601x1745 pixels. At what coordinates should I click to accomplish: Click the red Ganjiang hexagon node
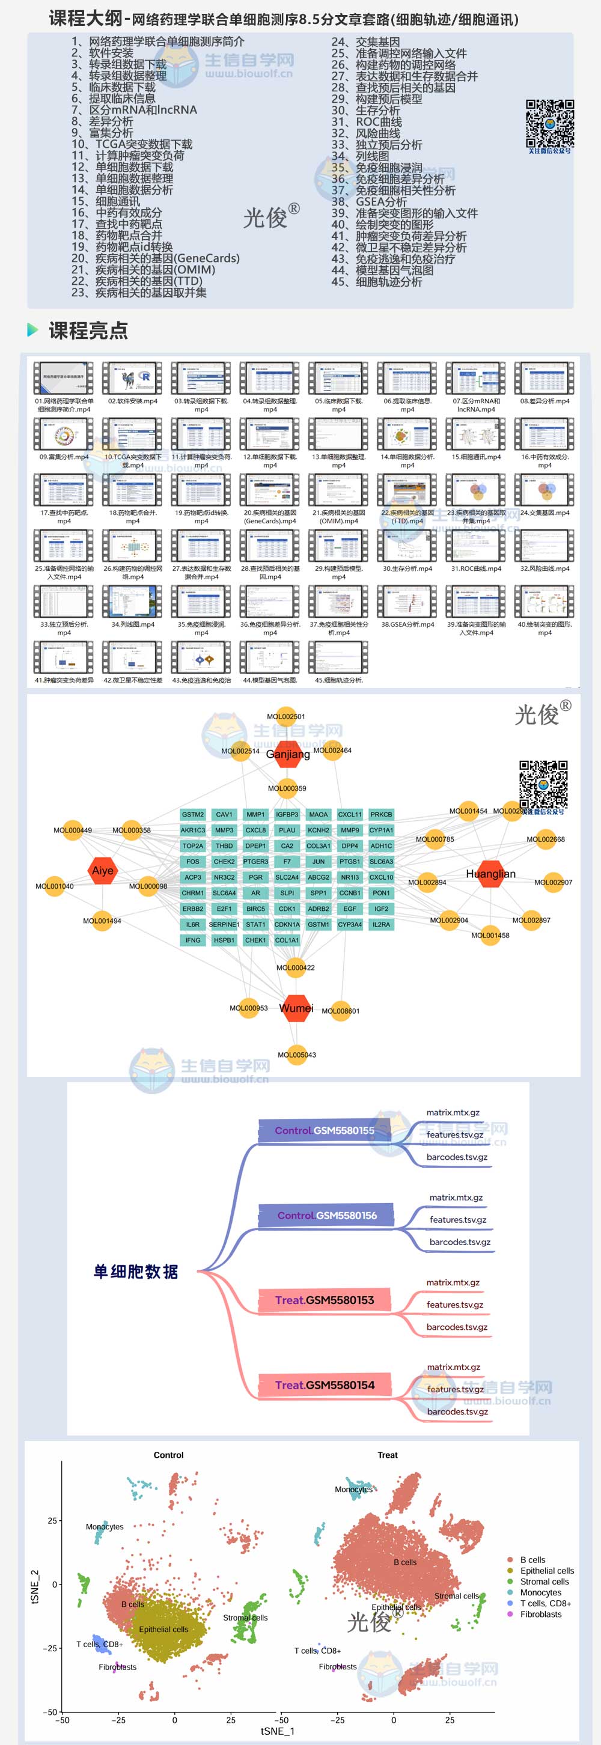click(x=288, y=754)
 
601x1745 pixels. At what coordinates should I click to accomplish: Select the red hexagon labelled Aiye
click(x=102, y=871)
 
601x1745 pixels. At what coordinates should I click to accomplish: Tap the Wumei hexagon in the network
click(x=296, y=1008)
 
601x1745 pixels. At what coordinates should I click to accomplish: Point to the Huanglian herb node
click(x=490, y=874)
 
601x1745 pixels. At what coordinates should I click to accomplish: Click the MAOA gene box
click(x=319, y=814)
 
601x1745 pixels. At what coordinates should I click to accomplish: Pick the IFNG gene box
click(x=193, y=940)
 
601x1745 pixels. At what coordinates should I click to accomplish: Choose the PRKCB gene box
click(x=382, y=814)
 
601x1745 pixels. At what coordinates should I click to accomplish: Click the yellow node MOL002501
click(x=286, y=716)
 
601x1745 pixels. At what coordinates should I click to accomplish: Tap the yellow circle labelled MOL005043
click(x=297, y=1055)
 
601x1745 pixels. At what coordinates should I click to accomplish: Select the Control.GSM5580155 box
click(x=325, y=1130)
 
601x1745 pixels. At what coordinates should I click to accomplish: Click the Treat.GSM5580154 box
click(x=325, y=1385)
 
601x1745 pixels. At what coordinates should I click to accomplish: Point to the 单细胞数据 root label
click(x=135, y=1271)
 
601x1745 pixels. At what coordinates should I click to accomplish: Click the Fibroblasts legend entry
click(x=541, y=1614)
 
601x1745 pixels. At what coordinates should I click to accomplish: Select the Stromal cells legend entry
click(x=544, y=1582)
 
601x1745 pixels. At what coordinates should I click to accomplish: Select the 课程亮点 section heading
click(x=88, y=330)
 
